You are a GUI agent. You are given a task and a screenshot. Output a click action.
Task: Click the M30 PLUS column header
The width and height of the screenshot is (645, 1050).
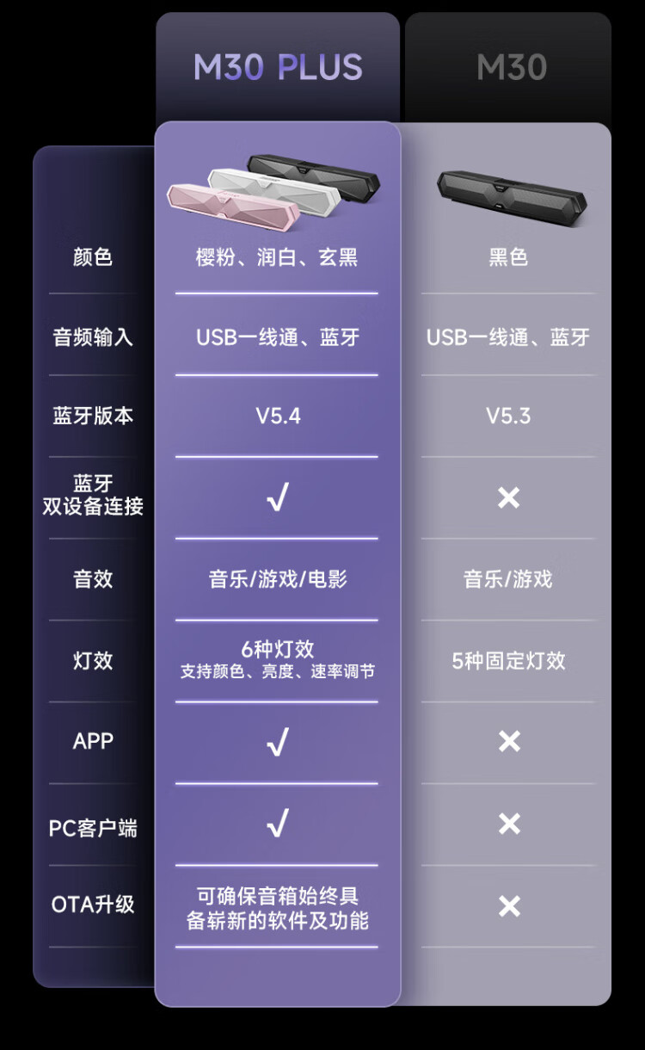tap(278, 67)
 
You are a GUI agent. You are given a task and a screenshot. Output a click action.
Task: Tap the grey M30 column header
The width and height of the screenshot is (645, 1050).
tap(512, 67)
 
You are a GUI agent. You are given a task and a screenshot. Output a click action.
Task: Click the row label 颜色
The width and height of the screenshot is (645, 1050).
tap(93, 256)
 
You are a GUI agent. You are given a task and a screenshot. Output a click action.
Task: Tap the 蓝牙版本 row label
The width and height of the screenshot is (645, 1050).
tap(93, 416)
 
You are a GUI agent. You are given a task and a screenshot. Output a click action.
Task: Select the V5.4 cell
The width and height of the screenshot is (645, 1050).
tap(278, 416)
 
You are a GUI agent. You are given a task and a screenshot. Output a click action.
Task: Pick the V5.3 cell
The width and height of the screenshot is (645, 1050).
tap(508, 416)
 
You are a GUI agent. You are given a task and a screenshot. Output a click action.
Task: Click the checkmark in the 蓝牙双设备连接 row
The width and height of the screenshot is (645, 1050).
tap(277, 497)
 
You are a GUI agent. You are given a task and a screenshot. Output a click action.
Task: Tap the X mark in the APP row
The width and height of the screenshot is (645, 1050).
tap(509, 741)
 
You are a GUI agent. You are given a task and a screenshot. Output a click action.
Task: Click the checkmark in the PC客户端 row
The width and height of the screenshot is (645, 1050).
tap(277, 825)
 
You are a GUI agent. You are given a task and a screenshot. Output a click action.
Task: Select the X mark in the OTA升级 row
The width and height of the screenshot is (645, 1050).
tap(509, 905)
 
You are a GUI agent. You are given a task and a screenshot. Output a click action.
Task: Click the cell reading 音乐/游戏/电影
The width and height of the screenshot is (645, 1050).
tap(278, 579)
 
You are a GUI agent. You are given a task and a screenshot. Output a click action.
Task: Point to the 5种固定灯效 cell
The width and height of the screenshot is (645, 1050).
tap(508, 661)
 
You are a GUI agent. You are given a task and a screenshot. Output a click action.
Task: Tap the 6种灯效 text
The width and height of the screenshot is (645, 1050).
tap(278, 650)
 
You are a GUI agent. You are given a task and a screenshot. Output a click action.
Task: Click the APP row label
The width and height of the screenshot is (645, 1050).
tap(93, 741)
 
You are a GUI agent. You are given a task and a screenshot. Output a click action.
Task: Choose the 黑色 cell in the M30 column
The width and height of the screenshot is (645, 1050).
tap(508, 256)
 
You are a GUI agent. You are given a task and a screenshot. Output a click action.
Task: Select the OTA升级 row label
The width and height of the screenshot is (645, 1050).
tap(93, 905)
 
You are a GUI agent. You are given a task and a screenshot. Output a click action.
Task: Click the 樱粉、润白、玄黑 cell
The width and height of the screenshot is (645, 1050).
tap(277, 256)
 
